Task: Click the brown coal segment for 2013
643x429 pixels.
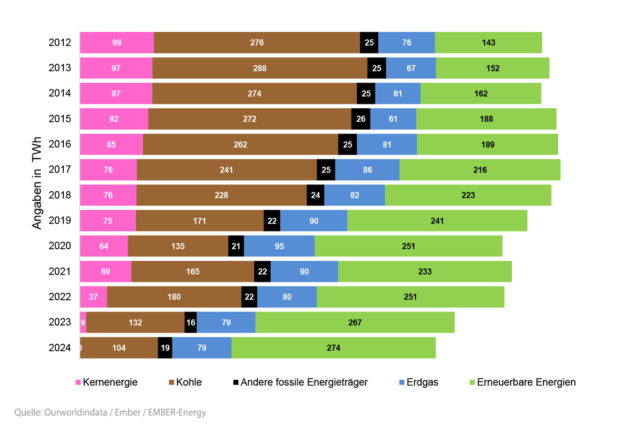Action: coord(260,68)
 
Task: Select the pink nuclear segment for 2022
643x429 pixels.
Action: coord(93,297)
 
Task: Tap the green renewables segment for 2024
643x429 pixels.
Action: coord(333,347)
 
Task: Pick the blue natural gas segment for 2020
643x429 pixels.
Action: coord(279,246)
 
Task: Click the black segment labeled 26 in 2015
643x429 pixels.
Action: coord(361,119)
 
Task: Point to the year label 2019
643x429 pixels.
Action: coord(60,220)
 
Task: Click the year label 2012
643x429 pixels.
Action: coord(60,42)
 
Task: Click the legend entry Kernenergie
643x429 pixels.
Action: coord(110,382)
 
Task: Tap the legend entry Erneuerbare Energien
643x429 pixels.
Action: coord(526,382)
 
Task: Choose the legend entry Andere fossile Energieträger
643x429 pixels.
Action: coord(304,382)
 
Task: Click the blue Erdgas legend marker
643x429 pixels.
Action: coord(402,383)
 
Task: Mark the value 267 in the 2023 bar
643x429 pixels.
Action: coord(355,322)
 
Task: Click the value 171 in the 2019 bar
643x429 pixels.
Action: coord(199,220)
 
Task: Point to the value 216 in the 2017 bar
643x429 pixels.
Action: coord(480,170)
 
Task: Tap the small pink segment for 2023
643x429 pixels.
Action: coord(83,322)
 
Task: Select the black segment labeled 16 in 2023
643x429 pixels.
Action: coord(190,322)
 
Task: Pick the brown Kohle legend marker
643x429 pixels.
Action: coord(172,383)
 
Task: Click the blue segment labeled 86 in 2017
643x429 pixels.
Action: coord(367,170)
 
